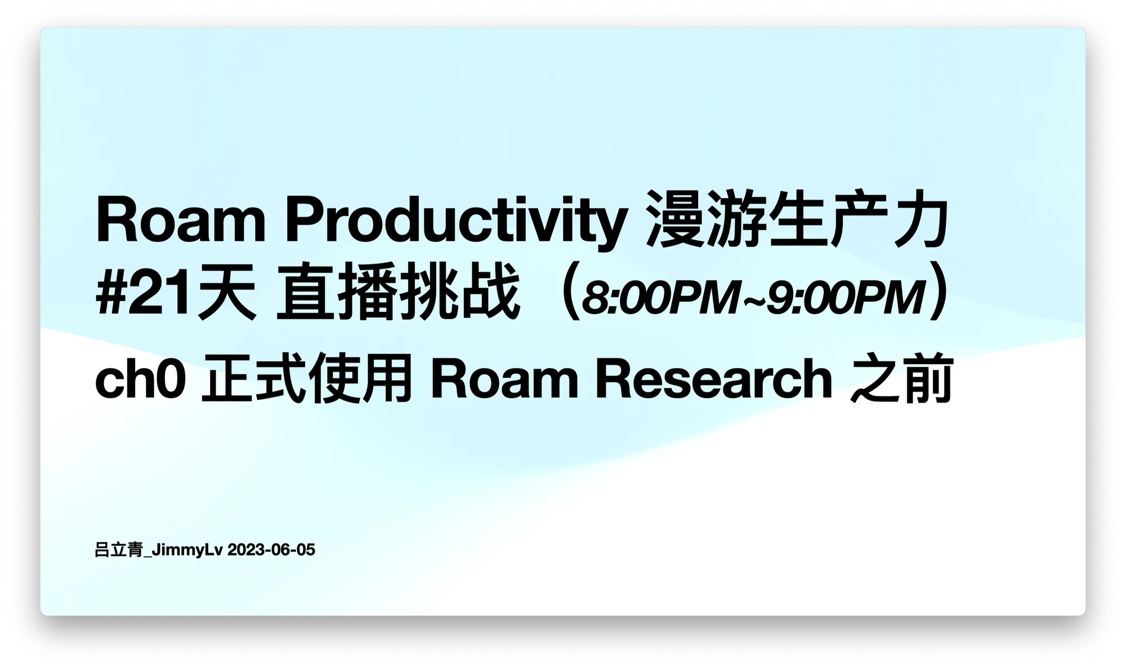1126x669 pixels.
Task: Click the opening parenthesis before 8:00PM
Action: click(570, 293)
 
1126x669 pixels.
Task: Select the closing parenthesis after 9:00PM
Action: click(939, 293)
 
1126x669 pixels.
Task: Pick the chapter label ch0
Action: click(140, 379)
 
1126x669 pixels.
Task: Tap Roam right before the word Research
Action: click(504, 379)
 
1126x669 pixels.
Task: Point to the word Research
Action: click(713, 379)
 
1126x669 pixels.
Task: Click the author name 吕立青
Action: click(119, 550)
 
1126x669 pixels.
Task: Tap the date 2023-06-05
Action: click(271, 550)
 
